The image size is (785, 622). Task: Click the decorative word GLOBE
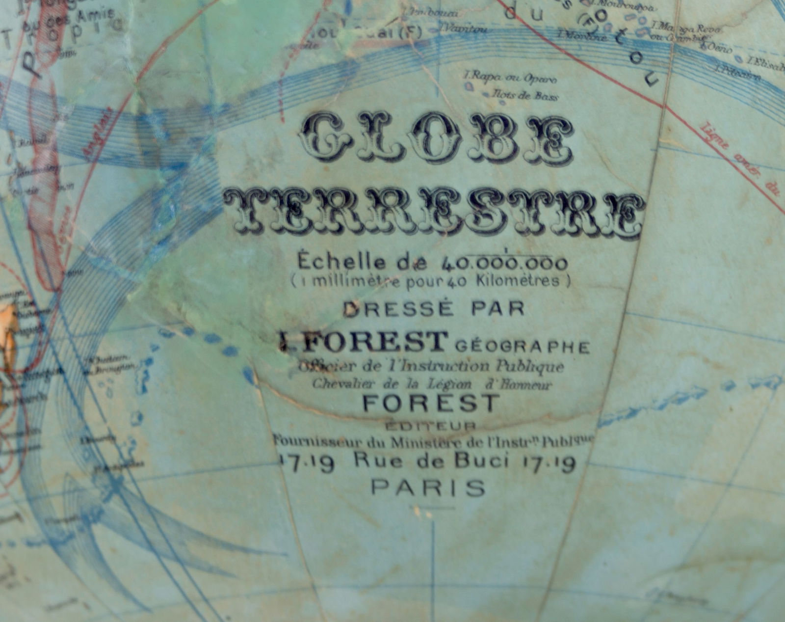[436, 139]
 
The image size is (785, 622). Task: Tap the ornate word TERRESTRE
[435, 215]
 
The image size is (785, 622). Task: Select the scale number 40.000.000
[505, 264]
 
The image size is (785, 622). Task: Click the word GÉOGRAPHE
[523, 347]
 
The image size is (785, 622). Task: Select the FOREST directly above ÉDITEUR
[431, 403]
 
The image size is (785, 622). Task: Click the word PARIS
[428, 488]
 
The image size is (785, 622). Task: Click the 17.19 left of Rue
[306, 461]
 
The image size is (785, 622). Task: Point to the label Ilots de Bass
[525, 96]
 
